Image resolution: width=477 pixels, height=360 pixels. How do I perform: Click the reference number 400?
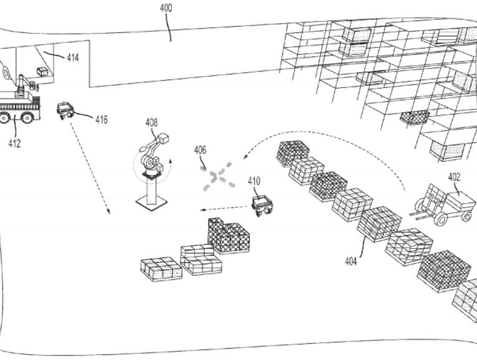coord(166,8)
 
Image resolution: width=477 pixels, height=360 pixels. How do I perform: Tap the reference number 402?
coord(455,177)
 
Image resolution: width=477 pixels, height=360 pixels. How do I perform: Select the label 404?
coord(351,262)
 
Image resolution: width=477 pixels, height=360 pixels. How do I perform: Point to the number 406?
coord(200,150)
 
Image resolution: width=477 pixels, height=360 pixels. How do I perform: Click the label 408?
coord(151,122)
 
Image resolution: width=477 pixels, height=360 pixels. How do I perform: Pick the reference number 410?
coord(254,181)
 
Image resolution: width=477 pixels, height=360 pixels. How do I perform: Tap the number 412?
coord(14,143)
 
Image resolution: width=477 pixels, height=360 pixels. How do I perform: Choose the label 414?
coord(73,58)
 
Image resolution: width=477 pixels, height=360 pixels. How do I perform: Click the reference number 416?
coord(101,119)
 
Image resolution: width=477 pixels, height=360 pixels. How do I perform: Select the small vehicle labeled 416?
coord(65,110)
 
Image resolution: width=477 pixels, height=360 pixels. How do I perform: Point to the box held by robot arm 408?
coord(165,139)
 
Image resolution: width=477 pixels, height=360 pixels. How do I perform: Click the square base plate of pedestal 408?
coord(151,202)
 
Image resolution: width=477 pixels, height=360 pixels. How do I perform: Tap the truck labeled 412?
coord(19,106)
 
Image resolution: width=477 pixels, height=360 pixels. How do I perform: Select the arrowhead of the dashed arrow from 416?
coord(109,212)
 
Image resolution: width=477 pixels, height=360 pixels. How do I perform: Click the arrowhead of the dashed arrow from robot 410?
coord(201,210)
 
